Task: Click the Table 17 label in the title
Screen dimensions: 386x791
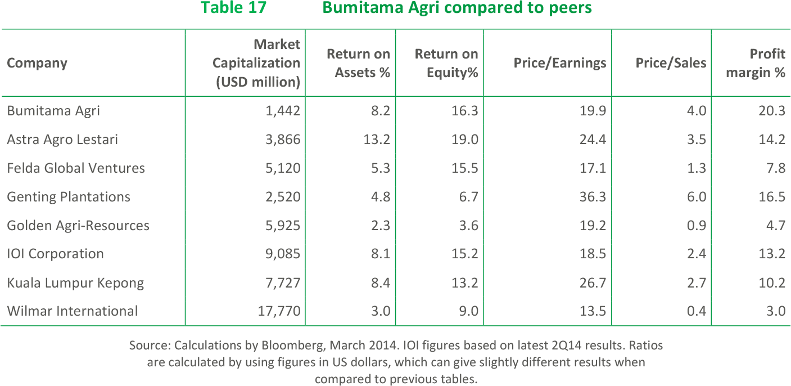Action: coord(233,8)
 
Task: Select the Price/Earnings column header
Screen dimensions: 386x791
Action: coord(559,62)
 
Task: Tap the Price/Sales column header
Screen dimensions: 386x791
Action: coord(670,62)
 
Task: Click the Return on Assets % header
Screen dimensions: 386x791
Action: coord(358,63)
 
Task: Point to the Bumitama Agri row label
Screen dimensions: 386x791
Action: coord(53,110)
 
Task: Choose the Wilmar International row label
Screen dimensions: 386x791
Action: coord(72,311)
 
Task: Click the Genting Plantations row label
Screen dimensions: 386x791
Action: coord(69,196)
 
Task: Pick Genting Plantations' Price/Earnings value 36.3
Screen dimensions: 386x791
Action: coord(593,196)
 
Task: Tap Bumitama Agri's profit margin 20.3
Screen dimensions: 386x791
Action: coord(771,110)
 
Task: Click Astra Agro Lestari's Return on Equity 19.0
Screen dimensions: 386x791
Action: coord(465,139)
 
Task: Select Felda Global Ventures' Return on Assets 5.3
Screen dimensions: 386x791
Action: coord(379,168)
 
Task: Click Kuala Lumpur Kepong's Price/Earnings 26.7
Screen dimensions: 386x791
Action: coord(593,282)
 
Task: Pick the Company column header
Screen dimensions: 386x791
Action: coord(37,62)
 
